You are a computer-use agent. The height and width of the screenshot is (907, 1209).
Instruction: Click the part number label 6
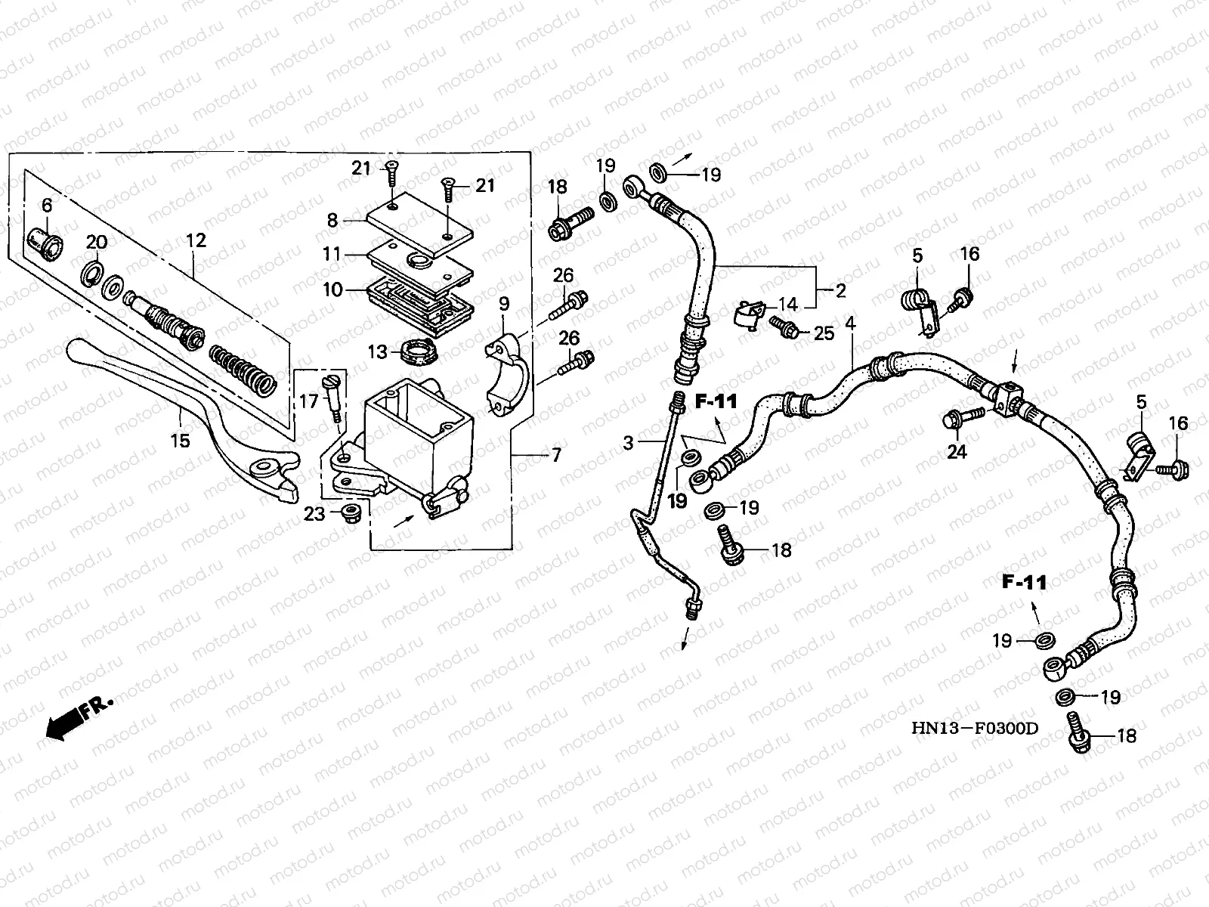[x=47, y=206]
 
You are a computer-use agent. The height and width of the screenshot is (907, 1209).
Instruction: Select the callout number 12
[x=196, y=240]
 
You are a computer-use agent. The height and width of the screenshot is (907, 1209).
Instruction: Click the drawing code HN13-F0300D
[x=975, y=729]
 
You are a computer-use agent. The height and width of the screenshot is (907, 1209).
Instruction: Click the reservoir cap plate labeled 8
[x=419, y=224]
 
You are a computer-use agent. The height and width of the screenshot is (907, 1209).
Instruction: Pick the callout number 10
[x=332, y=289]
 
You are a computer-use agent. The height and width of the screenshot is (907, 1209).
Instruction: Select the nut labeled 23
[x=350, y=513]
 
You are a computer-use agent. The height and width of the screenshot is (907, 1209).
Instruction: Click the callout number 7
[x=556, y=455]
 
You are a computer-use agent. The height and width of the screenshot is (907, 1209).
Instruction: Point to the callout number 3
[x=629, y=443]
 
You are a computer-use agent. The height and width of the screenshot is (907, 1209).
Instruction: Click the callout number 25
[x=824, y=333]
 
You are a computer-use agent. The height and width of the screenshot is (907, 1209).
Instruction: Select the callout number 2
[x=840, y=290]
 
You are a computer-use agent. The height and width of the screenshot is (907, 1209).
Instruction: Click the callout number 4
[x=850, y=323]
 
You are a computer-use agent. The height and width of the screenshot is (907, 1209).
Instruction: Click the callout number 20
[x=97, y=242]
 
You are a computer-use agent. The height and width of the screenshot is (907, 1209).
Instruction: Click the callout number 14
[x=788, y=304]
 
